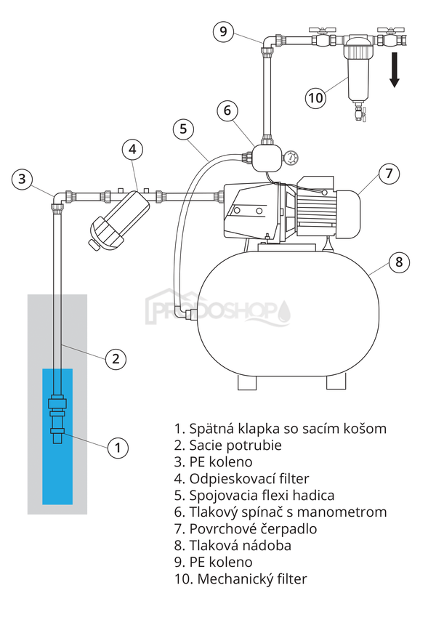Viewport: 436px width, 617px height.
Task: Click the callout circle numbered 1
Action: [x=118, y=447]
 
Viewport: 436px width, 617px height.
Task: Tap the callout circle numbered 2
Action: [x=116, y=358]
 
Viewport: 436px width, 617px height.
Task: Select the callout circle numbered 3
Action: [x=23, y=179]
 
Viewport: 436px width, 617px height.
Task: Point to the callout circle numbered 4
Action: [x=132, y=150]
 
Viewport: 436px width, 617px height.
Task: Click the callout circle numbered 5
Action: [x=184, y=129]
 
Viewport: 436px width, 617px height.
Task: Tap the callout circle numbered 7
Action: [x=389, y=174]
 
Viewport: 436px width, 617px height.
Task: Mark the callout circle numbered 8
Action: [x=398, y=262]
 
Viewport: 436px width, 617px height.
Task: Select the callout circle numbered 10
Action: [x=315, y=98]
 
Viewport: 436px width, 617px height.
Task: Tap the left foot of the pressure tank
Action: [x=246, y=381]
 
